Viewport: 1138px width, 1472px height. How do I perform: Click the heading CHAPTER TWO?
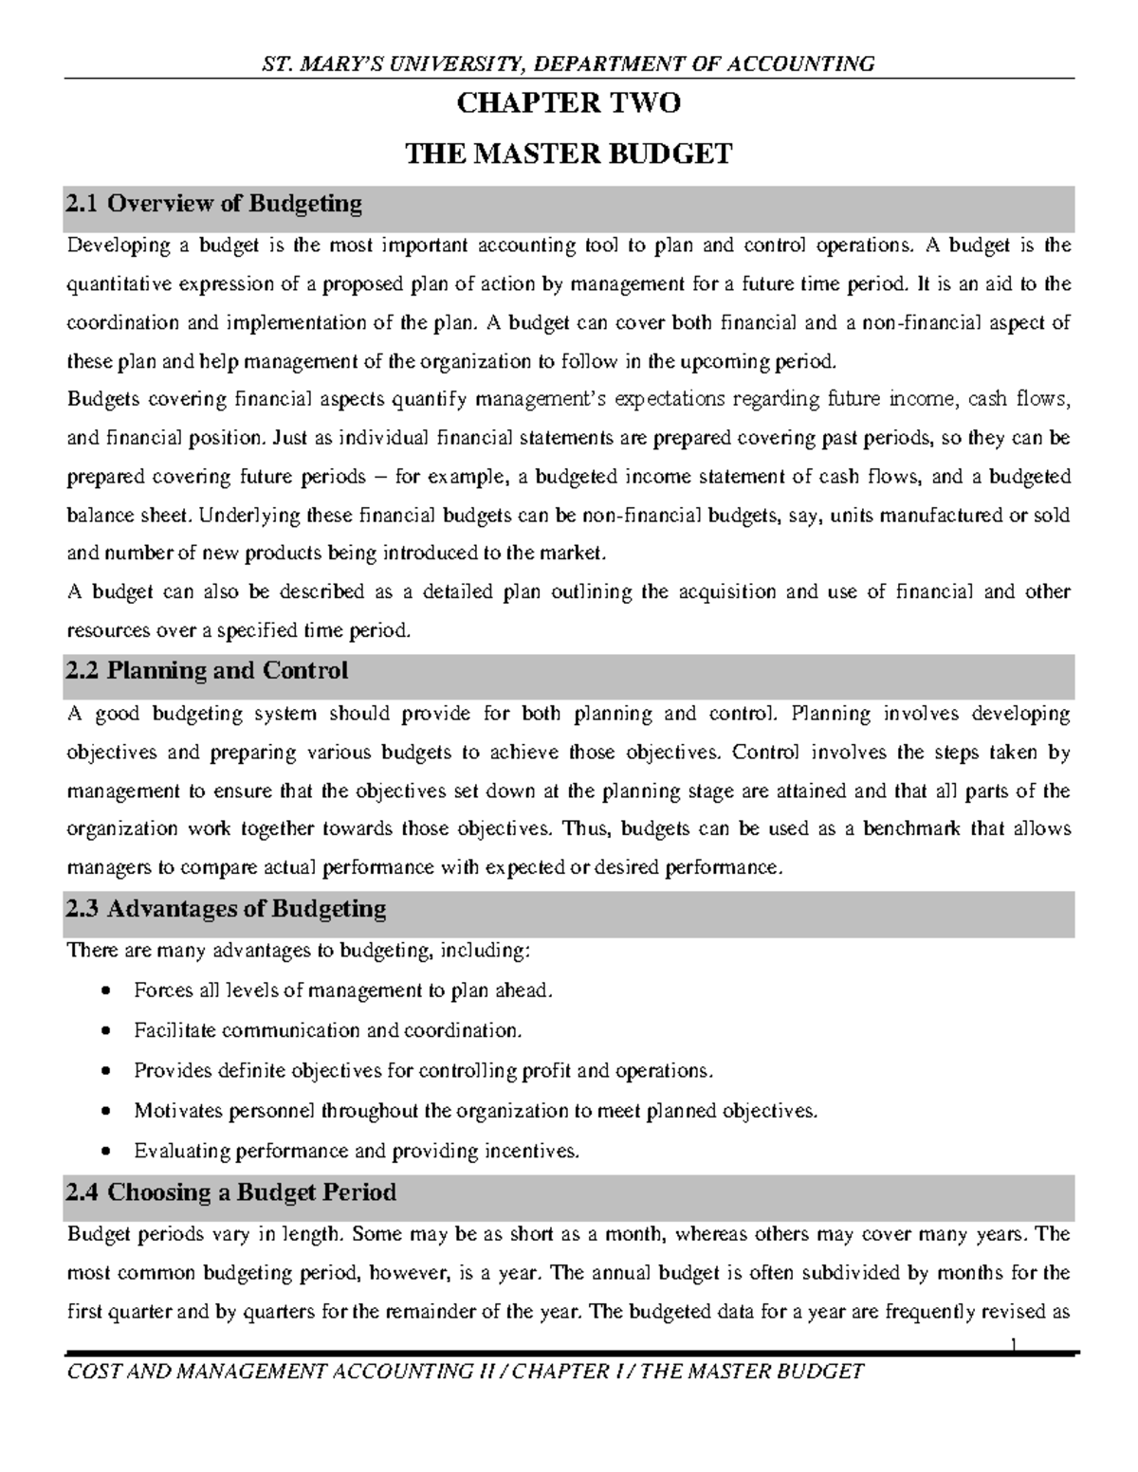tap(568, 103)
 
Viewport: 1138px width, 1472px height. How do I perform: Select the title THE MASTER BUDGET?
tap(568, 154)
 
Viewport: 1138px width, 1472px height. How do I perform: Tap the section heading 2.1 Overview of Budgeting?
tap(213, 204)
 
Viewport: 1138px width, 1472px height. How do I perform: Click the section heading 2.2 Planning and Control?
tap(207, 671)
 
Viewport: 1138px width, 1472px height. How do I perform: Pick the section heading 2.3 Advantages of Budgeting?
tap(226, 910)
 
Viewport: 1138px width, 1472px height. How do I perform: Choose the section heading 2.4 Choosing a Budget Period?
tap(230, 1192)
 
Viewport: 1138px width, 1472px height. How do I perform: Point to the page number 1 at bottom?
tap(1014, 1343)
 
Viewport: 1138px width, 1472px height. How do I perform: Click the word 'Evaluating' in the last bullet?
tap(182, 1152)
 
